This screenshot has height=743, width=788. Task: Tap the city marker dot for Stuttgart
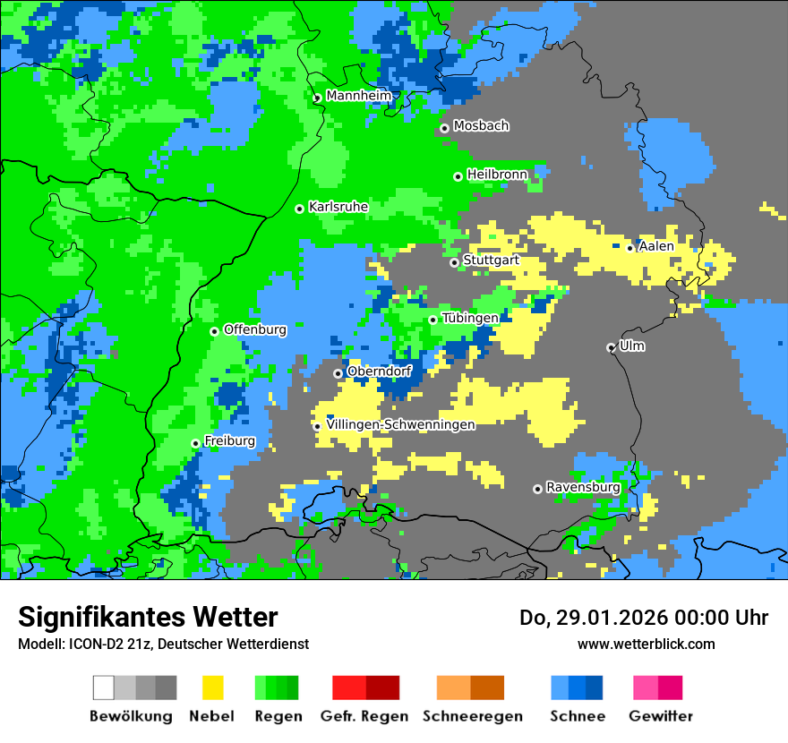coord(454,262)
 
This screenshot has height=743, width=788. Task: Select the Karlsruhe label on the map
coord(338,207)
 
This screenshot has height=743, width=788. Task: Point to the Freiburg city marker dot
coord(195,443)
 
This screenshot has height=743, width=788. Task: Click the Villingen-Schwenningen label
coord(400,425)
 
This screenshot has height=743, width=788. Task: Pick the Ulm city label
coord(631,346)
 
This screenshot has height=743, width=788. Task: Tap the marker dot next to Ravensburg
coord(537,489)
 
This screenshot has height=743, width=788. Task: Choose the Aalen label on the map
coord(656,246)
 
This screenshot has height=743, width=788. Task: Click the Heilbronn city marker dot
coord(458,176)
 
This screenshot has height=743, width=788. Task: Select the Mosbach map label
coord(481,126)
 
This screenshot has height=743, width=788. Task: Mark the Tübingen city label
coord(470,319)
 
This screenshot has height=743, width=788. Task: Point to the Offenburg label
coord(255,329)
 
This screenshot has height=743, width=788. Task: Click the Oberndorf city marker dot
coord(338,373)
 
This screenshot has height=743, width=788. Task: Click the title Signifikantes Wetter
coord(148,617)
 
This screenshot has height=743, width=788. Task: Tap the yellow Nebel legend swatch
coord(212,687)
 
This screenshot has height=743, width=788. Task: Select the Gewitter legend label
coord(661,716)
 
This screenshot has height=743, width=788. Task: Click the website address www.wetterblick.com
coord(646,644)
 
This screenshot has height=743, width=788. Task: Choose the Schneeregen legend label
coord(472,716)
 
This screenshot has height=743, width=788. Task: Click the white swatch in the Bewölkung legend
coord(104,687)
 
